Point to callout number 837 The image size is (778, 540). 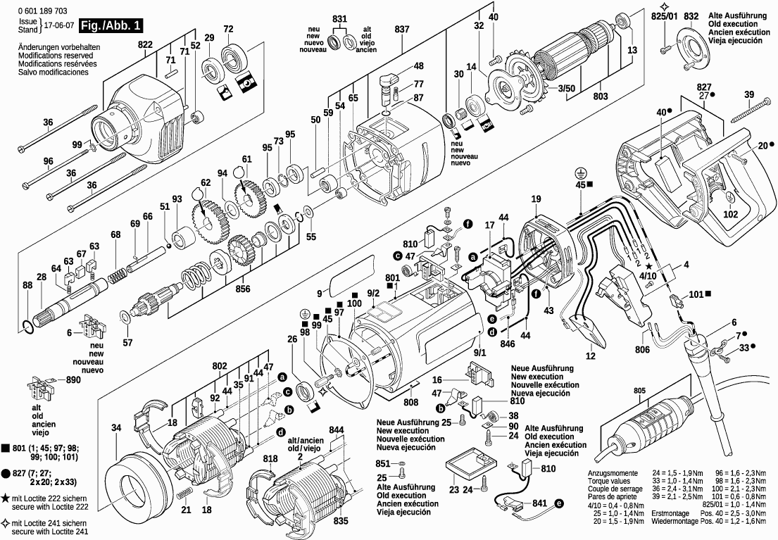click(402, 29)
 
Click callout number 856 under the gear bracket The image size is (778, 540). click(242, 288)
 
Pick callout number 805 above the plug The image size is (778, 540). click(639, 391)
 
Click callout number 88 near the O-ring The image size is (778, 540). click(27, 286)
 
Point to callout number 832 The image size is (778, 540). click(691, 16)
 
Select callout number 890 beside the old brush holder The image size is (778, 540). click(73, 380)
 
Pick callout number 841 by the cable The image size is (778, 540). click(539, 504)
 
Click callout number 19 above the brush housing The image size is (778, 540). click(536, 199)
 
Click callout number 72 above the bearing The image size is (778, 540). click(228, 29)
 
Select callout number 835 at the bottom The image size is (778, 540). click(340, 521)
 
